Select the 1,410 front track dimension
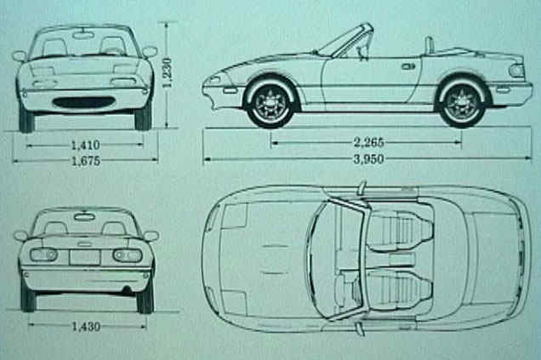tap(84, 145)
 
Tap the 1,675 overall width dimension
tap(84, 159)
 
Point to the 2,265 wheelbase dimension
tap(366, 142)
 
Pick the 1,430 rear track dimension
tap(84, 325)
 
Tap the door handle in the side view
tap(409, 66)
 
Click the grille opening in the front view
tap(83, 102)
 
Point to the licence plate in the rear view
tap(84, 256)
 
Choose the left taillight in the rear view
tap(43, 254)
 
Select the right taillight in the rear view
tap(127, 255)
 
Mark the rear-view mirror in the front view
tap(83, 35)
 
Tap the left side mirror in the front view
tap(19, 56)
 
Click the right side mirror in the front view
tap(150, 52)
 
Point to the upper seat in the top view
tap(400, 230)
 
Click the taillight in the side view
tap(516, 70)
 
